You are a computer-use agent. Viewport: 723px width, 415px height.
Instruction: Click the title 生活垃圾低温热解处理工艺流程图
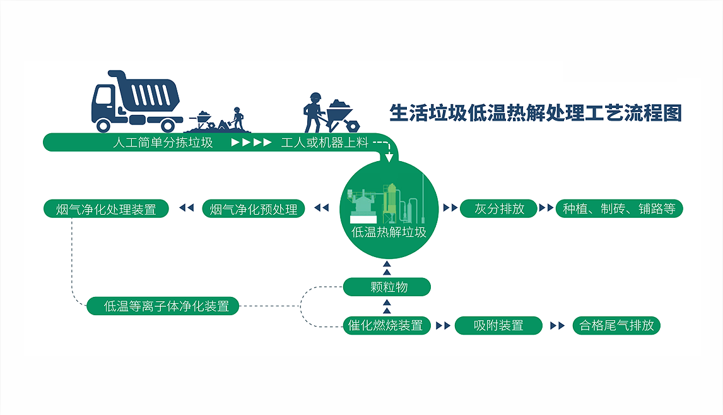point(536,113)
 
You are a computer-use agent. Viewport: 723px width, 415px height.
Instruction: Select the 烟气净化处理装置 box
point(106,208)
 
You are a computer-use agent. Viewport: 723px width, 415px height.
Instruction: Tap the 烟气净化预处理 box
point(254,208)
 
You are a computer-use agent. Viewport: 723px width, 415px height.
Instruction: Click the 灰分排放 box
point(499,208)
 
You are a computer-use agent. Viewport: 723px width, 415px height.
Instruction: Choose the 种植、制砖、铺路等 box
point(620,208)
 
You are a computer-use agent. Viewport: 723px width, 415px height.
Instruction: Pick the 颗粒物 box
point(387,287)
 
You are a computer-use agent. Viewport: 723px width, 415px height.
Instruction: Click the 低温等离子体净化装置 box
point(163,306)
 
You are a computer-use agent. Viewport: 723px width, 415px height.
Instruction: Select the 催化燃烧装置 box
point(387,325)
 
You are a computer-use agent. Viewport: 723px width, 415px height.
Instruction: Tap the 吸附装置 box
point(498,325)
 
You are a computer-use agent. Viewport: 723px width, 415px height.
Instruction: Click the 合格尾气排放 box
point(616,325)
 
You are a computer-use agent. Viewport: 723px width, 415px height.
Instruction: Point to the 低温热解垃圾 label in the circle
point(389,232)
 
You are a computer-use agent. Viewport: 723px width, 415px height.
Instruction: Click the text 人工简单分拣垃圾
point(163,142)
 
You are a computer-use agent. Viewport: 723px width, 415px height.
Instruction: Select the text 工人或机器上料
point(325,142)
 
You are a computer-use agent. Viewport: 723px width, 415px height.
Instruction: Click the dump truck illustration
point(135,101)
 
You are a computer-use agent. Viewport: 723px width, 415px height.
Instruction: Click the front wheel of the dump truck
point(103,125)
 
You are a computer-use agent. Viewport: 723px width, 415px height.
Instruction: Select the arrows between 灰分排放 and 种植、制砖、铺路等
point(546,208)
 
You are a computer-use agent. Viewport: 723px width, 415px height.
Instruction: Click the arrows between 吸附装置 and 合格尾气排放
point(558,325)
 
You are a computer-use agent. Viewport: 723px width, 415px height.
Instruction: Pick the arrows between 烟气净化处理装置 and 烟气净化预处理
point(186,208)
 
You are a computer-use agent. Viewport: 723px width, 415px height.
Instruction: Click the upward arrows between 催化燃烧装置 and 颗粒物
point(387,306)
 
